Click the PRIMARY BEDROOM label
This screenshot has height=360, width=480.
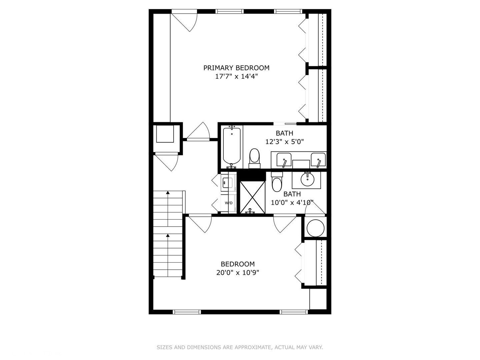(x=236, y=68)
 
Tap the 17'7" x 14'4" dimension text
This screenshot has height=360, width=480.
(x=236, y=77)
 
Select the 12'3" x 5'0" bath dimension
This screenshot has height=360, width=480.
(x=285, y=142)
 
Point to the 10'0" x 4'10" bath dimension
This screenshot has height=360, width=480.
(x=292, y=203)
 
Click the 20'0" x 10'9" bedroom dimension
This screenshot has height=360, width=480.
(x=238, y=273)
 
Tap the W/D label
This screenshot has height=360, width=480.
(x=229, y=203)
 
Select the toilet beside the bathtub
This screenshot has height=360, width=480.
(x=254, y=158)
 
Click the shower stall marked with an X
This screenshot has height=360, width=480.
(x=253, y=197)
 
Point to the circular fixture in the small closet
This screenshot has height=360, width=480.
(x=315, y=228)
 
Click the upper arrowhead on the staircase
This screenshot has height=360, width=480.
(x=168, y=193)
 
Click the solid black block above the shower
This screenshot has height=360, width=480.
(x=251, y=176)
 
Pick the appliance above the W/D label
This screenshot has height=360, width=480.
(x=229, y=183)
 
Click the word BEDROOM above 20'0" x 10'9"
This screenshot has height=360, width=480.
(x=238, y=264)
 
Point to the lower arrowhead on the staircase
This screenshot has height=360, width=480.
(x=168, y=235)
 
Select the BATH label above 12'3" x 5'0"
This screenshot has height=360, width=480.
(x=285, y=133)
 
